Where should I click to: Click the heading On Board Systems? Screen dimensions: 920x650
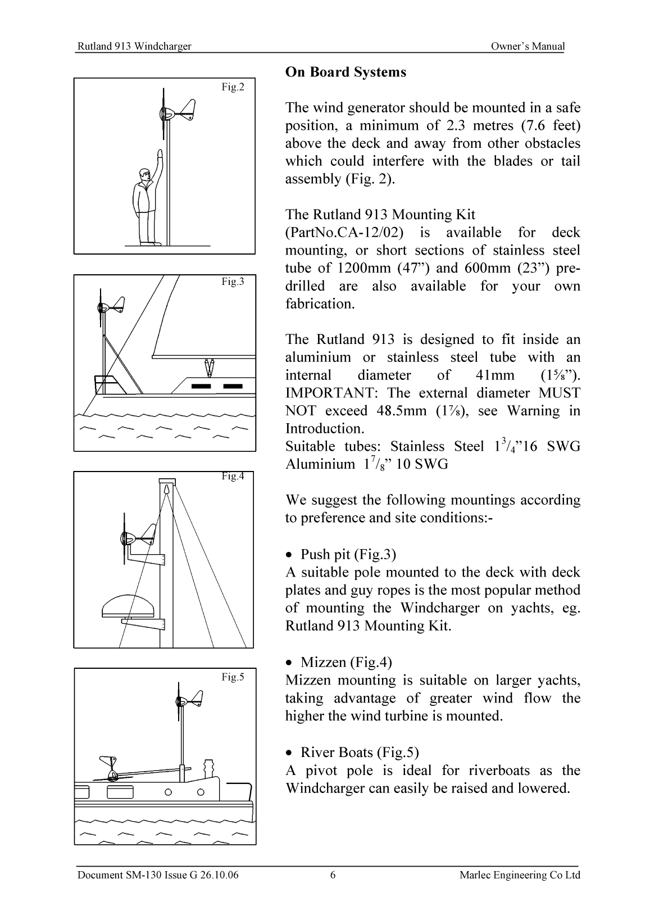coord(346,72)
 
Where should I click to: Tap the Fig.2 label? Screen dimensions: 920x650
coord(233,87)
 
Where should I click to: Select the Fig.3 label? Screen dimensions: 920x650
coord(233,282)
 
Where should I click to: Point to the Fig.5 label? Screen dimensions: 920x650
coord(233,677)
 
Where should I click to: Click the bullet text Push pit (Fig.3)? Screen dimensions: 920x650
coord(348,555)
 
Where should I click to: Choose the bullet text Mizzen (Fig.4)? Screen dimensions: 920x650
coord(346,662)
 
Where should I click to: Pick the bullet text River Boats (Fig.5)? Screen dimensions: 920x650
coord(359,752)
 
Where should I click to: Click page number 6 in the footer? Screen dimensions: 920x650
coord(333,875)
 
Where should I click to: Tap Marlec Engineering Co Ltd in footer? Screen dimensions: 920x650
coord(519,875)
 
